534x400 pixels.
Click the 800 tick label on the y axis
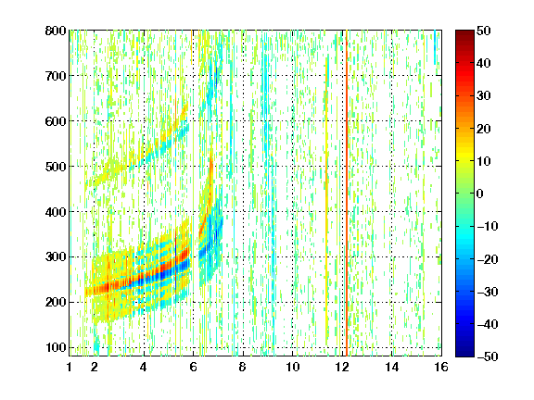[x=56, y=31]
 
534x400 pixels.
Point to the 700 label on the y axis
[x=56, y=76]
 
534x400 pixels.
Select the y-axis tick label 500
[x=56, y=167]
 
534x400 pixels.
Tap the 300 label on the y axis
[x=56, y=257]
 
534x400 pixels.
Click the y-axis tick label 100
[x=56, y=347]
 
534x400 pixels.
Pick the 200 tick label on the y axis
[x=56, y=303]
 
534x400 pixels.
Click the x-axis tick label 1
[x=70, y=367]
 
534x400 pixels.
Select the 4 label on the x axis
[x=144, y=367]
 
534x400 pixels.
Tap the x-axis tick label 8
[x=243, y=367]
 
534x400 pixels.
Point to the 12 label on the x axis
[x=342, y=367]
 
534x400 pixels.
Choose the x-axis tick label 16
[x=441, y=367]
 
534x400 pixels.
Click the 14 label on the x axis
[x=391, y=367]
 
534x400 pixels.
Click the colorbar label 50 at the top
[x=484, y=31]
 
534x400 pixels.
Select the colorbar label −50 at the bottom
[x=488, y=356]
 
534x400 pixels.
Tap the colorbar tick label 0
[x=480, y=194]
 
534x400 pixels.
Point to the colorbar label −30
[x=488, y=292]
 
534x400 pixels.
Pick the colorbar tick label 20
[x=484, y=129]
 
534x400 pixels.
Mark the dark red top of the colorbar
[x=464, y=34]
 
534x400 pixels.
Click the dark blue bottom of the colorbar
[x=464, y=353]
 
